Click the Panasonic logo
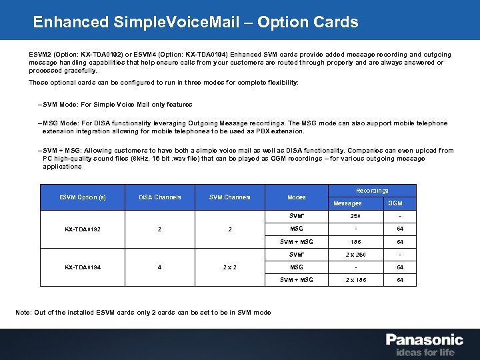[x=424, y=339]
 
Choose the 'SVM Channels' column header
[x=230, y=197]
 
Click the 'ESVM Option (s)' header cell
[x=83, y=197]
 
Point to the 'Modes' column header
[x=297, y=197]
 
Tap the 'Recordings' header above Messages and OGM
[x=373, y=191]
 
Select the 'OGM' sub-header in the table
[x=395, y=203]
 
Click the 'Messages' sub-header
[x=348, y=203]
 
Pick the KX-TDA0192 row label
[x=83, y=229]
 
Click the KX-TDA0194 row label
[x=83, y=267]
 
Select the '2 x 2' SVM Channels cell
[x=230, y=267]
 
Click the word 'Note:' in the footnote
[x=23, y=312]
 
